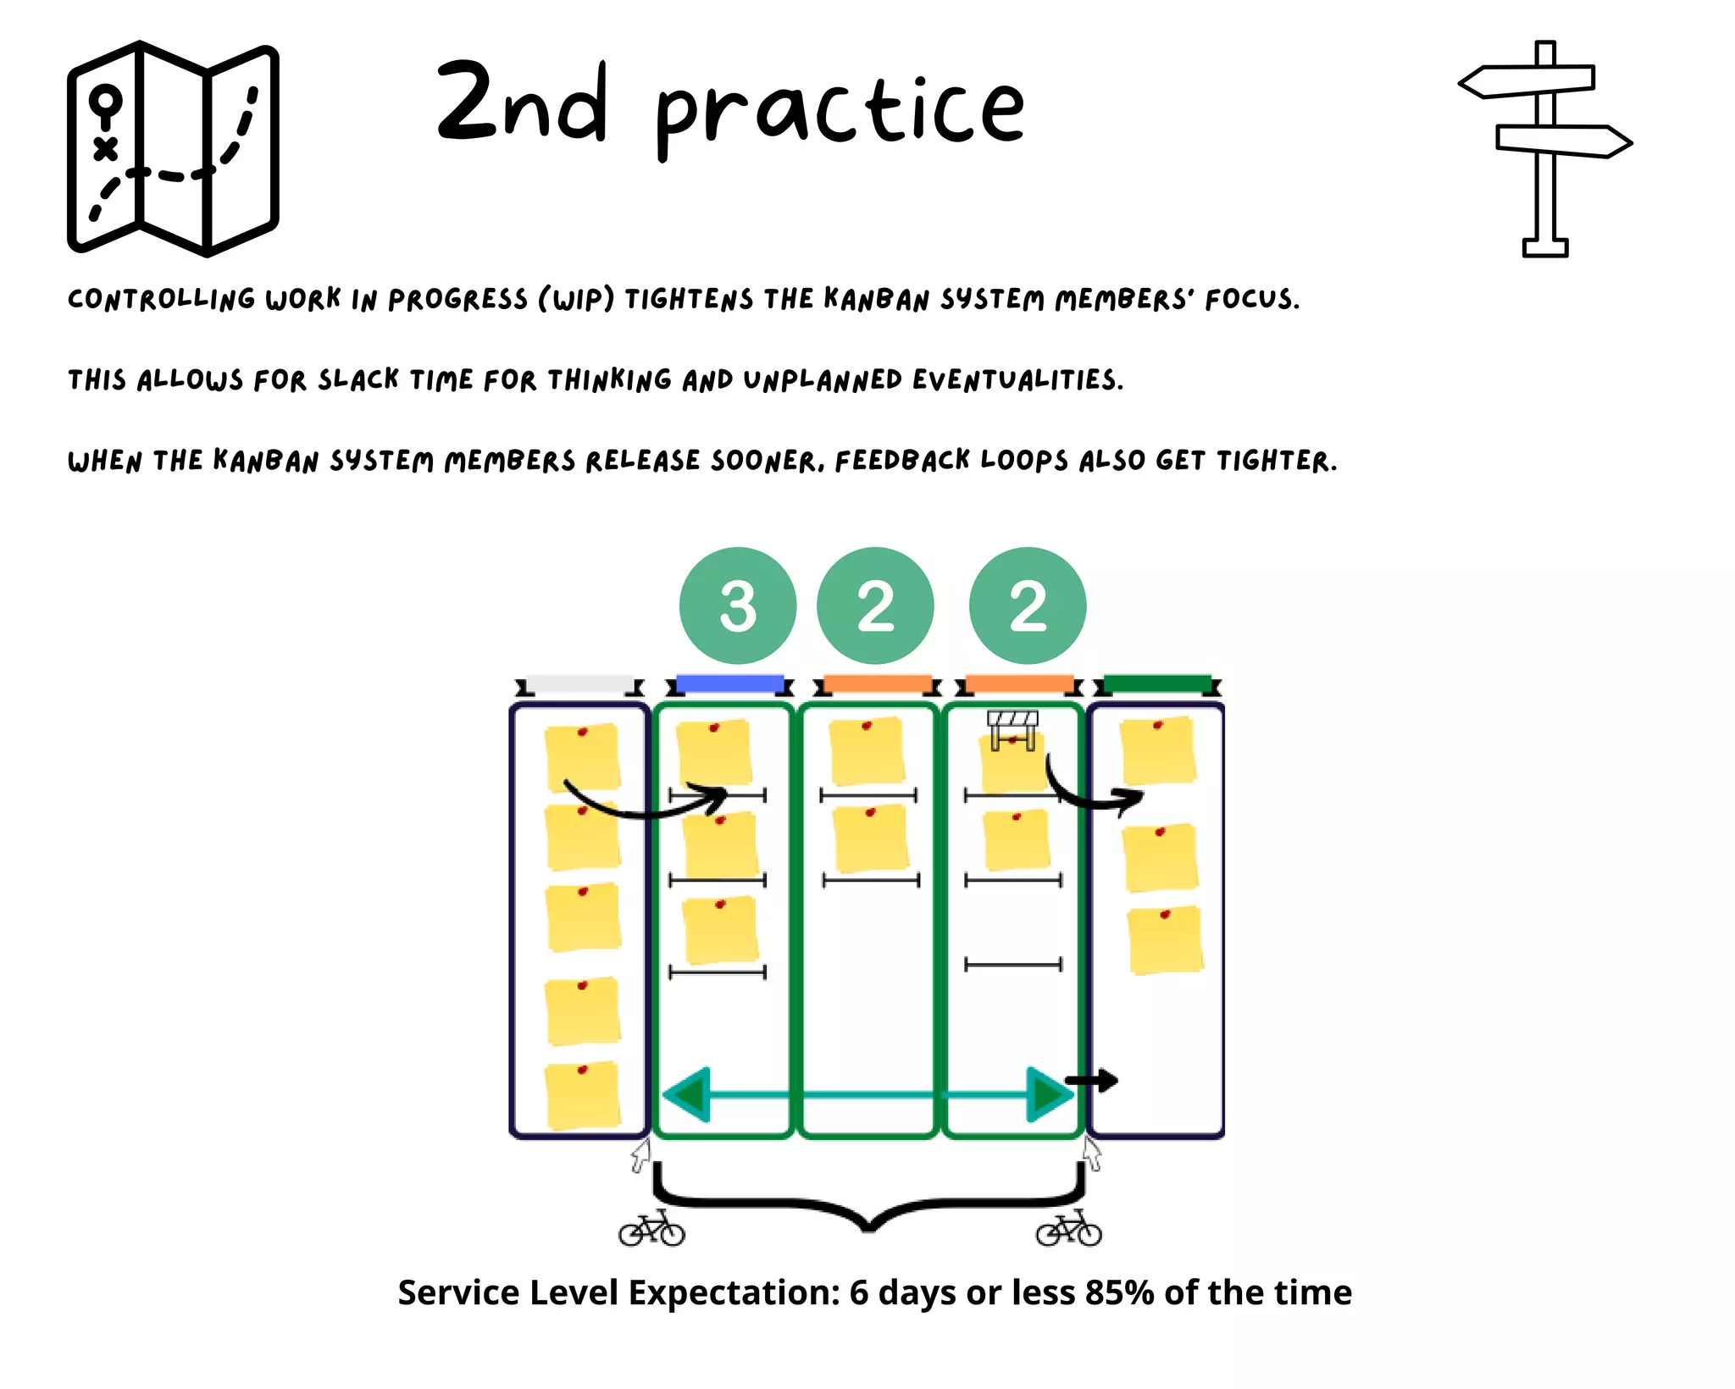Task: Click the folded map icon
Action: point(173,148)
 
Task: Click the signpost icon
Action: point(1545,148)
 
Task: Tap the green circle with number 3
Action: point(737,606)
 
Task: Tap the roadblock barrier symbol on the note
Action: point(1012,728)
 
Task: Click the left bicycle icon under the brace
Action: point(651,1229)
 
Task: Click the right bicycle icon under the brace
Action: point(1068,1229)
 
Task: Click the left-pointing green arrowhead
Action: point(687,1095)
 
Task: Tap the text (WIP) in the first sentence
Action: point(576,299)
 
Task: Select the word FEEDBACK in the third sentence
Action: point(902,461)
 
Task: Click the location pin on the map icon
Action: point(106,103)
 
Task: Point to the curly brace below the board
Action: point(868,1203)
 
